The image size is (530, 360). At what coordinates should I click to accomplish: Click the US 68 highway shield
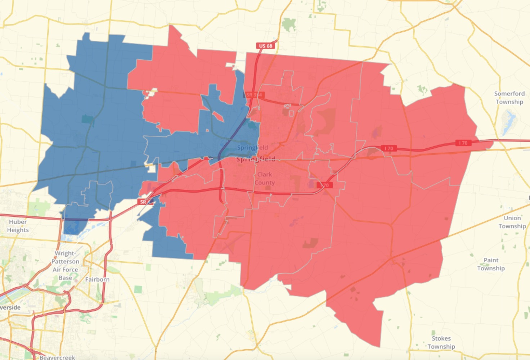(266, 46)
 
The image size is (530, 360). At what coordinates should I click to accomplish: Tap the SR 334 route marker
(255, 95)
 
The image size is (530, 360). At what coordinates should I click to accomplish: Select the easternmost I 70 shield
(463, 143)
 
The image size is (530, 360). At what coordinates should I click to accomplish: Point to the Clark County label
(265, 178)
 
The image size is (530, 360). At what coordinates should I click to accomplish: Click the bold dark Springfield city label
(256, 159)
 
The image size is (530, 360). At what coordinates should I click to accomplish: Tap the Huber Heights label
(18, 226)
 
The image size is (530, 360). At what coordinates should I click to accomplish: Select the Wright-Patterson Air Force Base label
(65, 265)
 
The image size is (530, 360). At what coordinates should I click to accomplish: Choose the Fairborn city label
(97, 279)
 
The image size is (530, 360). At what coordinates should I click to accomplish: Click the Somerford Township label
(509, 98)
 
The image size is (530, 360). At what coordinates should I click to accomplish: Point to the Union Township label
(512, 222)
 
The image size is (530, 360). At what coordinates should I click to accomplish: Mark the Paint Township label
(491, 264)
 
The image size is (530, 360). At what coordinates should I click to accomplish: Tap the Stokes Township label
(441, 342)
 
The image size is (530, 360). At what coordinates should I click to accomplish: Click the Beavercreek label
(57, 357)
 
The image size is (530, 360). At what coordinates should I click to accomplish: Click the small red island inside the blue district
(218, 116)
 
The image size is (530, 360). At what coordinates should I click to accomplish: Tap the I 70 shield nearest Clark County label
(324, 185)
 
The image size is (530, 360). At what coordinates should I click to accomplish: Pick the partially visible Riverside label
(10, 307)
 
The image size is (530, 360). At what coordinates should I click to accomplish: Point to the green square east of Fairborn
(138, 289)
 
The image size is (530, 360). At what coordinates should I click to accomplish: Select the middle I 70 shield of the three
(389, 148)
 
